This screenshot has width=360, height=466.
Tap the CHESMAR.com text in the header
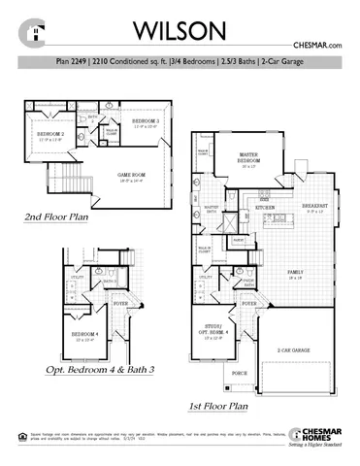tap(316, 45)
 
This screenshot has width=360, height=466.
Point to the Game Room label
tap(131, 176)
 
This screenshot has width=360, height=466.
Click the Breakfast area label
tap(312, 207)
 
